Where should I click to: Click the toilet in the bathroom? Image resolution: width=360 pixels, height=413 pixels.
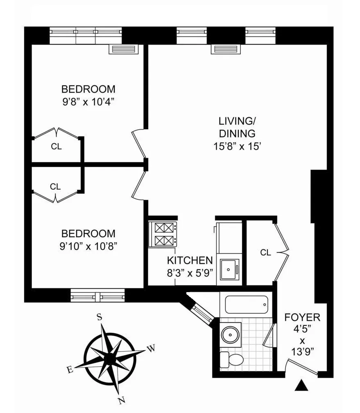(232, 359)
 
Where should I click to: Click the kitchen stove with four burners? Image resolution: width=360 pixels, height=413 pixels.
(163, 234)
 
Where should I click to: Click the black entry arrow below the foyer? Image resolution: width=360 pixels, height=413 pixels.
(301, 385)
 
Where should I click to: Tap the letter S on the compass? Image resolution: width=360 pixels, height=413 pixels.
(99, 316)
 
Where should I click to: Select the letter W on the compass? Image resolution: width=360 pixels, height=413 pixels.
(151, 349)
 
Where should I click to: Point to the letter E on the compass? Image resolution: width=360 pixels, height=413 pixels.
(70, 370)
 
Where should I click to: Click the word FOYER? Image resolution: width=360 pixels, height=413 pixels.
(303, 318)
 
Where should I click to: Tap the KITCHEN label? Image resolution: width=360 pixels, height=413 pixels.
(190, 261)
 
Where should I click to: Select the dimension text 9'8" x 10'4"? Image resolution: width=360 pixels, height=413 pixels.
(88, 101)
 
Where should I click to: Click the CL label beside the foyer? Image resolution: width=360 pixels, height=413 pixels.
(265, 253)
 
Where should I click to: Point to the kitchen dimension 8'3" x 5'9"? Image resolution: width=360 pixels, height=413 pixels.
(190, 272)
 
